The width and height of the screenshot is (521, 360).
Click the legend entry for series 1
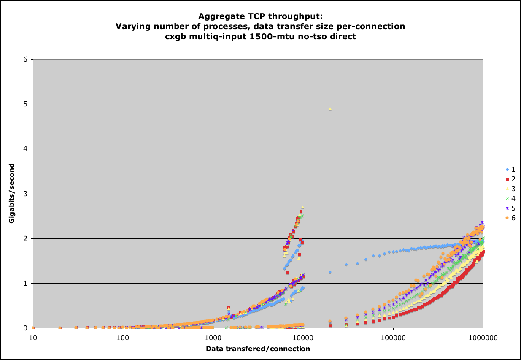(x=511, y=169)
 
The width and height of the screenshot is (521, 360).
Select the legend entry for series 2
(x=511, y=179)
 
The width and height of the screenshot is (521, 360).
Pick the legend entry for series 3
(x=511, y=189)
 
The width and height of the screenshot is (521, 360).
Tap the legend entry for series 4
(x=511, y=198)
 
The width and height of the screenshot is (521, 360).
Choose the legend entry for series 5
(x=511, y=208)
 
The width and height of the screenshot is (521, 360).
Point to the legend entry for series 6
(x=511, y=218)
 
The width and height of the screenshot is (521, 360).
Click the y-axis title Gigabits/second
(x=12, y=194)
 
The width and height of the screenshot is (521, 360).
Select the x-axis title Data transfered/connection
(x=258, y=349)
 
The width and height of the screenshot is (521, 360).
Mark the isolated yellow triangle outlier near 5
(x=330, y=109)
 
